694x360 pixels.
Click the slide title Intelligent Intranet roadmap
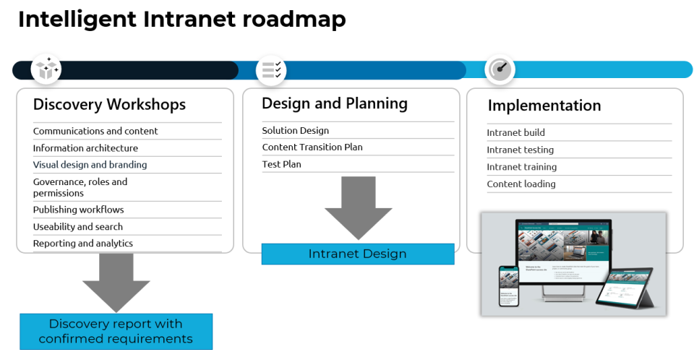(181, 20)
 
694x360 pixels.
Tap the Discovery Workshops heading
(109, 105)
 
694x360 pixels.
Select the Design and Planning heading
(334, 103)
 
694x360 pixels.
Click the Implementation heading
(544, 106)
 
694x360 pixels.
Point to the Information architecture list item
(85, 148)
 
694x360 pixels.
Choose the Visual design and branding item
(90, 165)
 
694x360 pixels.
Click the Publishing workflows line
(78, 210)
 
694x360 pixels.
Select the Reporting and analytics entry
(83, 244)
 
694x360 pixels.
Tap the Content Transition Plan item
(312, 147)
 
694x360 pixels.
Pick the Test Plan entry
(281, 164)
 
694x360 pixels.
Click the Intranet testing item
(520, 150)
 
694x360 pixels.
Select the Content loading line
(521, 184)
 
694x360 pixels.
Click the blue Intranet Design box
(357, 254)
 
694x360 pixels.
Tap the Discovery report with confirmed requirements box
(116, 332)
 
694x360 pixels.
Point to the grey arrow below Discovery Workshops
(116, 284)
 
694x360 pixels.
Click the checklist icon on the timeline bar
(272, 69)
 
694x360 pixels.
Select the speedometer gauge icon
(500, 69)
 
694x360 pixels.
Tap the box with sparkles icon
(46, 69)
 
